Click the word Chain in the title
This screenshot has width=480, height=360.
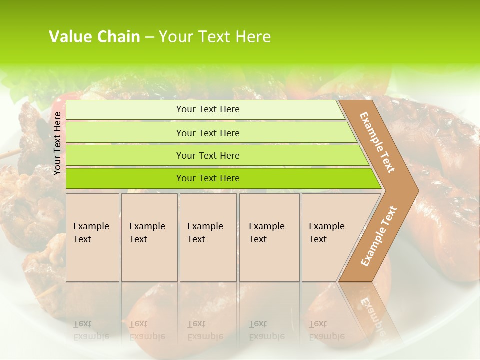(x=118, y=37)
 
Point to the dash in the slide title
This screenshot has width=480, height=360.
(x=149, y=37)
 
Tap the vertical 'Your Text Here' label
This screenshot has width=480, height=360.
(x=57, y=143)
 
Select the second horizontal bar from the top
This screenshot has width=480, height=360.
(x=207, y=133)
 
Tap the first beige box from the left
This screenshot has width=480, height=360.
(x=92, y=237)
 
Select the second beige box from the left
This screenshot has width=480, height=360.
(x=149, y=237)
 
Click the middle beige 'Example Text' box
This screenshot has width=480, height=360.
(x=208, y=237)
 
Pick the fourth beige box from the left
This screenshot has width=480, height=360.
(x=269, y=237)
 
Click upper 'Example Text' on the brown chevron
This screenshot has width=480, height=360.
(x=377, y=142)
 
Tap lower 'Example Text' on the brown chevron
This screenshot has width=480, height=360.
(x=379, y=236)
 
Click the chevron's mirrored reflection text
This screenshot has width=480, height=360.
(x=372, y=315)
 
